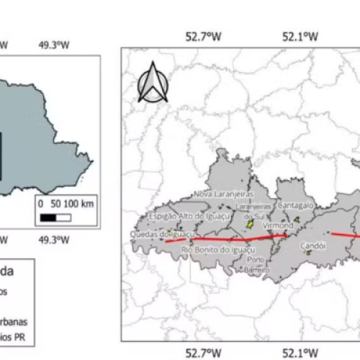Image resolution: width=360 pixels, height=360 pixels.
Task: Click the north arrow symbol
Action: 153,83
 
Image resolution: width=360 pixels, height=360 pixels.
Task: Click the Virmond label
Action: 277,225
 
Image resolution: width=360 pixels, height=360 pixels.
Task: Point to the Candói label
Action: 312,245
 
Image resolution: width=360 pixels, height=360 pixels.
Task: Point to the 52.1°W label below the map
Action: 300,352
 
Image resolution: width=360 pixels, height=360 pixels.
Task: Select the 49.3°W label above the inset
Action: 54,45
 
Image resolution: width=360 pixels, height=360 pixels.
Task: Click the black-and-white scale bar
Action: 58,215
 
